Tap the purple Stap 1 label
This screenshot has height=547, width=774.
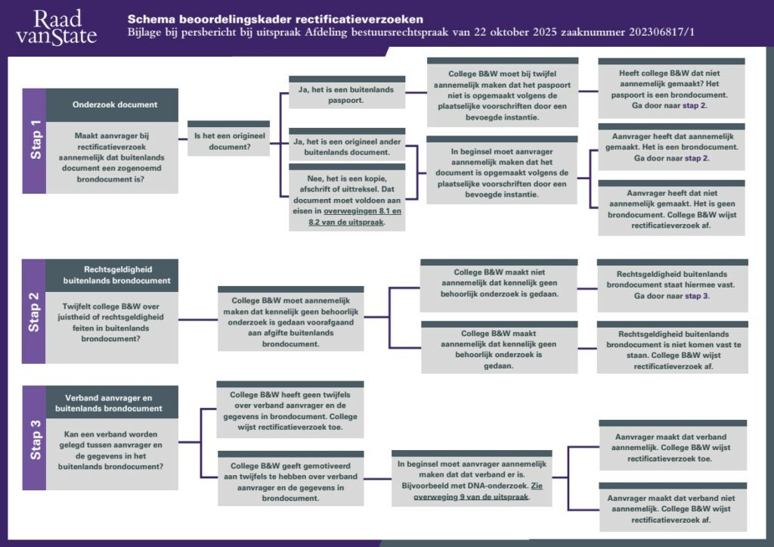point(35,141)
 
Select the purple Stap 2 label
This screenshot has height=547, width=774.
point(35,311)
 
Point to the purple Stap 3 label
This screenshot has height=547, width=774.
point(35,437)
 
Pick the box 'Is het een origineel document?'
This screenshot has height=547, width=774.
point(228,141)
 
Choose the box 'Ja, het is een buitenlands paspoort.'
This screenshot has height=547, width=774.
point(347,95)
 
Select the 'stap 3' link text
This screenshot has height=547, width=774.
point(697,296)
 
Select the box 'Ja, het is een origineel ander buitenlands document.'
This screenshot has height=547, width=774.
point(347,147)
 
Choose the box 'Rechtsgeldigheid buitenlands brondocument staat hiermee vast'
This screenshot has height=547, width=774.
point(673,284)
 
